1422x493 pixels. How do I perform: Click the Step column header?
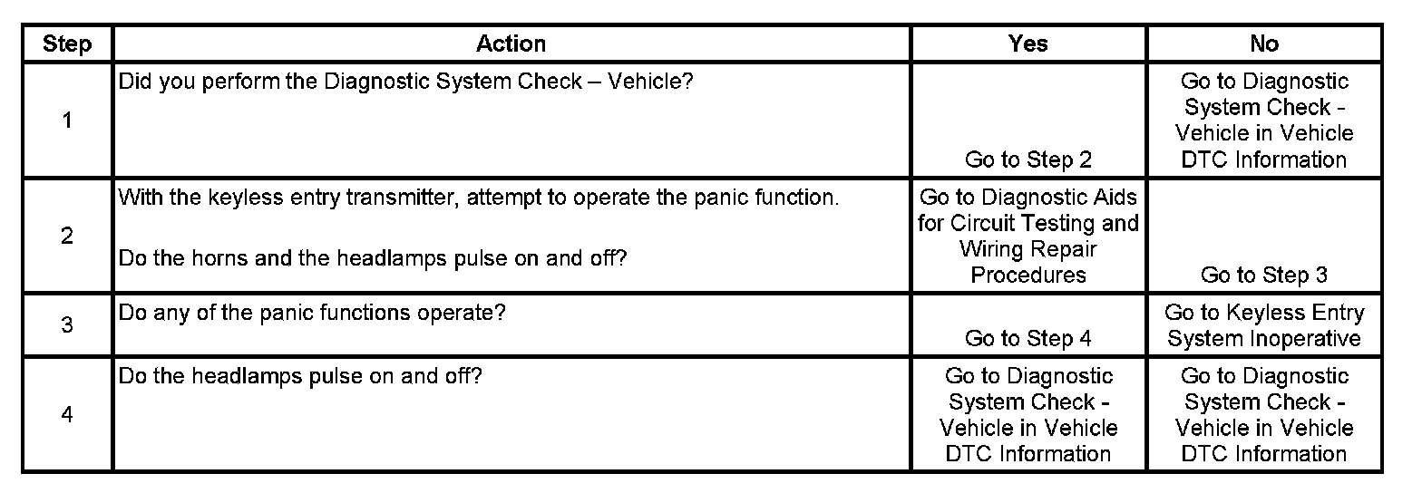[x=67, y=43]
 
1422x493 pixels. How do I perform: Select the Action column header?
[x=511, y=43]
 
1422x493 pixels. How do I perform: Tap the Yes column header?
[x=1028, y=43]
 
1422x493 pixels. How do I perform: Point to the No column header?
[x=1264, y=43]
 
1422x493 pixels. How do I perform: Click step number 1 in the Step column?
[x=67, y=120]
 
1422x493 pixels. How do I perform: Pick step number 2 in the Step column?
[x=67, y=236]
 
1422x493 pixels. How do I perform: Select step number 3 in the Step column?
[x=67, y=324]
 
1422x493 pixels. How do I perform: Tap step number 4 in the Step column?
[x=67, y=414]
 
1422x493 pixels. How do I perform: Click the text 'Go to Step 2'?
[x=1028, y=159]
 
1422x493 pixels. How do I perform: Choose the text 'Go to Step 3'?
[x=1264, y=275]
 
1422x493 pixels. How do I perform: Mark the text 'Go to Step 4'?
[x=1028, y=338]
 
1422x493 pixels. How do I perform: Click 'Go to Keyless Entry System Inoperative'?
[x=1264, y=325]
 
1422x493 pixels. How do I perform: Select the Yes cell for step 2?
[x=1028, y=236]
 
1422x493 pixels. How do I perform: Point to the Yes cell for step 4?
[x=1028, y=414]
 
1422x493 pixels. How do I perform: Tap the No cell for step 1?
[x=1264, y=120]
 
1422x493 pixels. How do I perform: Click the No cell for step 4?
[x=1264, y=414]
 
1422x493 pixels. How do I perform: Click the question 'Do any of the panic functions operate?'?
[x=312, y=314]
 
